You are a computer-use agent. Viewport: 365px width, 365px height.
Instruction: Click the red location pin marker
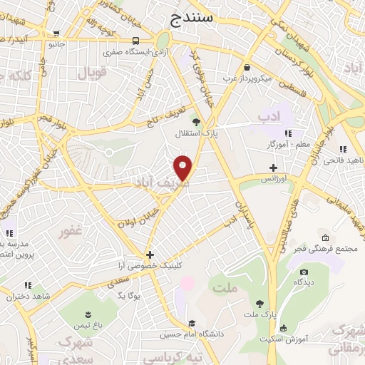coord(184,167)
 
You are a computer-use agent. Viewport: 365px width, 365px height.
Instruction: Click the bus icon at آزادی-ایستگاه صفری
coord(135,41)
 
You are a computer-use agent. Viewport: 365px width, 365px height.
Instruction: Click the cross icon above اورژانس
coord(273,168)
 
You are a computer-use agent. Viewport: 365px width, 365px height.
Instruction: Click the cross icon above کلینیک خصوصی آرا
coord(150,254)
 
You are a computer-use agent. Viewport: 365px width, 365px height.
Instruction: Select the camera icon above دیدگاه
coord(304,272)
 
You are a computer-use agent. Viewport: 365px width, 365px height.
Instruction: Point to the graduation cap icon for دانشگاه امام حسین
coord(191,322)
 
